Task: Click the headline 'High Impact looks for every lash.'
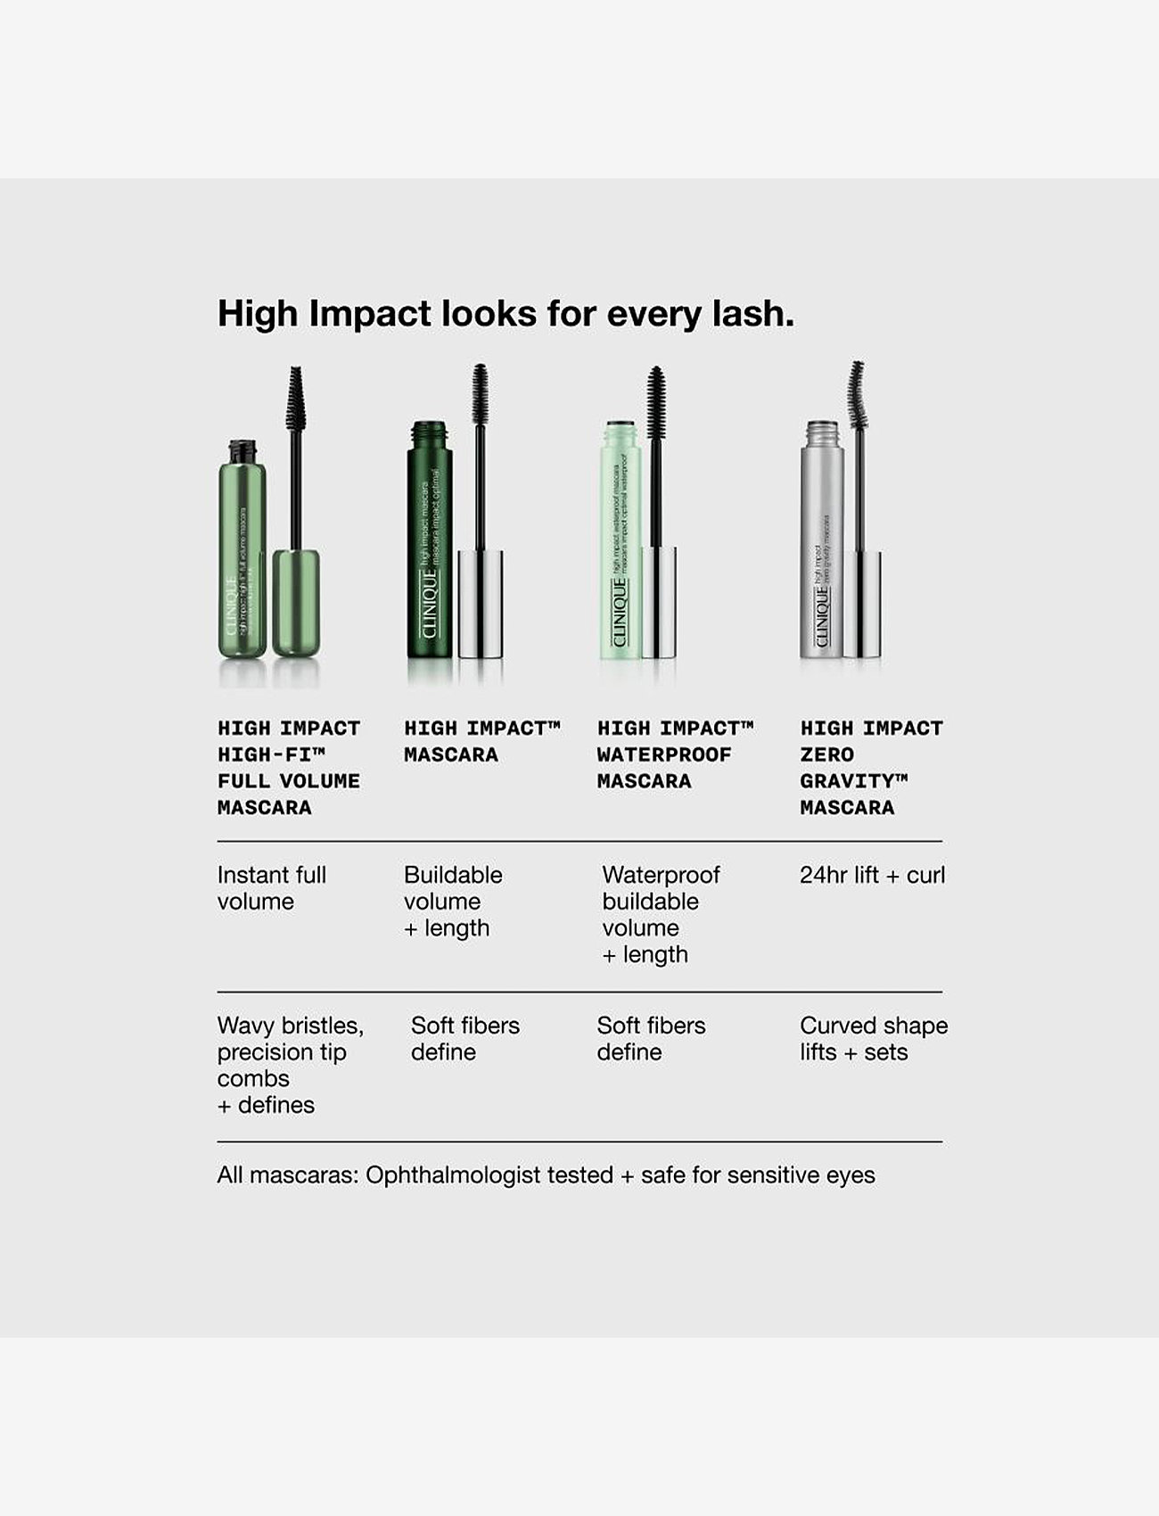(506, 314)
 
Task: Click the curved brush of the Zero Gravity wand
(857, 392)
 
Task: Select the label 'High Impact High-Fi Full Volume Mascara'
(289, 768)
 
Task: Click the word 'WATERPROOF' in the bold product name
(664, 755)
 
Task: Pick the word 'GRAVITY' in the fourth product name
(846, 781)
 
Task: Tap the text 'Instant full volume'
(271, 888)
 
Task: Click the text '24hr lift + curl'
(872, 876)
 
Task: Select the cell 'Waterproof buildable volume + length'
(660, 914)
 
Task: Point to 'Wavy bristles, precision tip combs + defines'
(290, 1065)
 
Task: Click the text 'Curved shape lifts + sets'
(873, 1039)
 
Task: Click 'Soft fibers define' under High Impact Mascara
(464, 1039)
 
